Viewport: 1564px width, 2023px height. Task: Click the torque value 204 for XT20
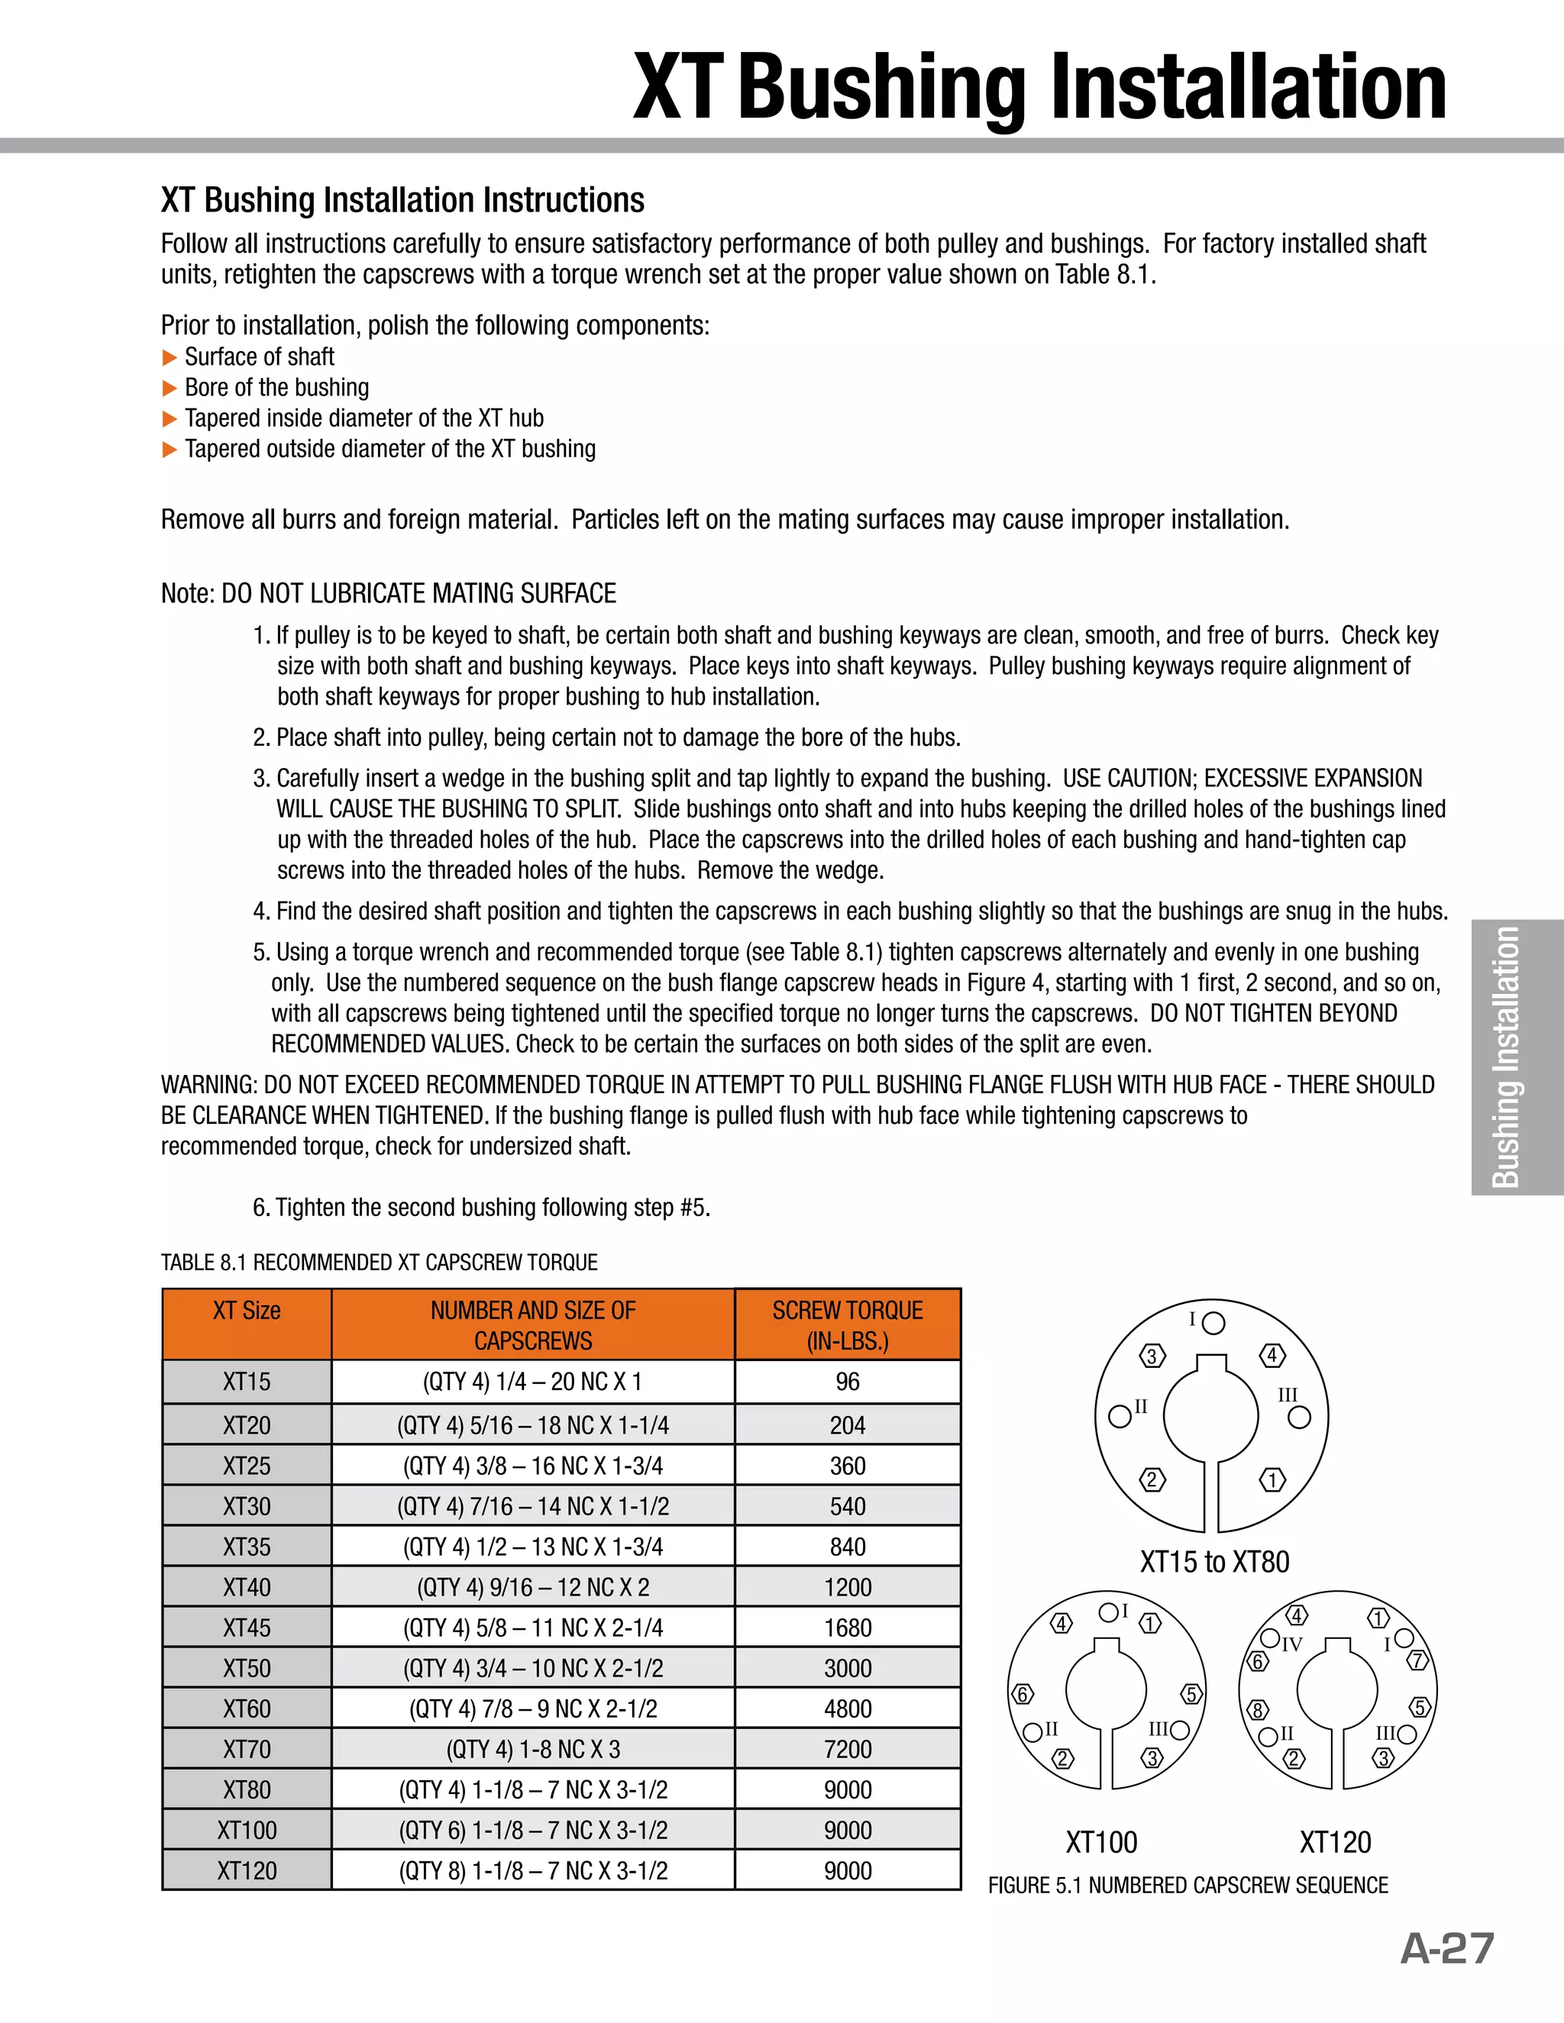(847, 1425)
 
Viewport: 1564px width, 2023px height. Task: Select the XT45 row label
(247, 1628)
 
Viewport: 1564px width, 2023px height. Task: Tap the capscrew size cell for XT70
(533, 1749)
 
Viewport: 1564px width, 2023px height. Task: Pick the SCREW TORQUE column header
(847, 1324)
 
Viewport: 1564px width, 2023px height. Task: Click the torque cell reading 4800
(847, 1708)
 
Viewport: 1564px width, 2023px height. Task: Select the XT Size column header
(247, 1311)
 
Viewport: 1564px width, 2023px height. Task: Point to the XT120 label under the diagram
(1334, 1841)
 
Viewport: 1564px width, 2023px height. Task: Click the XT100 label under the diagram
(1100, 1841)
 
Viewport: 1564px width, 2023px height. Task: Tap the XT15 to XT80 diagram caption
(1213, 1562)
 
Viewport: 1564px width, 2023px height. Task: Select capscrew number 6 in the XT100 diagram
(1021, 1694)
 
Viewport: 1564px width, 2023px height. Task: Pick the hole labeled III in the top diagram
(1300, 1417)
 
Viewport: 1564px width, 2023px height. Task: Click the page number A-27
(1446, 1947)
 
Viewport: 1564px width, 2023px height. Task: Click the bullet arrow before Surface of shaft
(169, 357)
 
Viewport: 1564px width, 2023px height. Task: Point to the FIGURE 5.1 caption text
(1188, 1885)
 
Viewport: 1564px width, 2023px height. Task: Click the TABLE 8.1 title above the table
(379, 1263)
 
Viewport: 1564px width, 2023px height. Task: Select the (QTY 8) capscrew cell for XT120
(533, 1870)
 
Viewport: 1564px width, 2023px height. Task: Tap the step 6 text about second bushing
(482, 1208)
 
